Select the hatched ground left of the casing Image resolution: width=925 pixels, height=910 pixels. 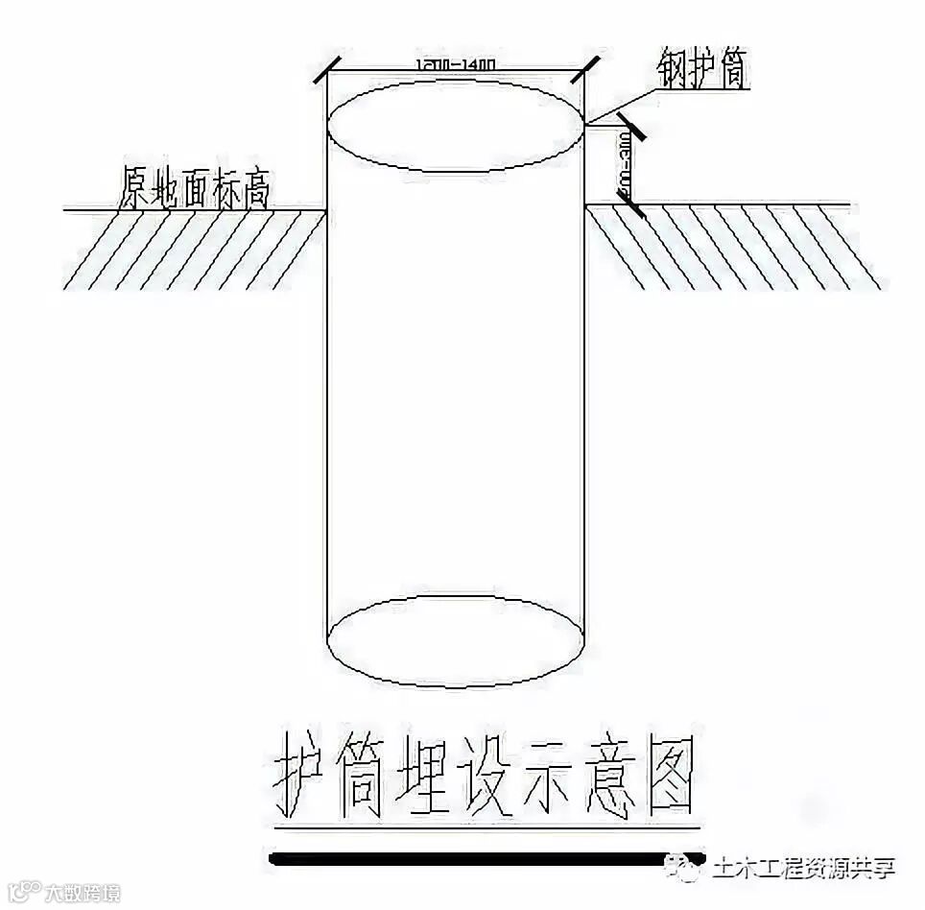point(192,249)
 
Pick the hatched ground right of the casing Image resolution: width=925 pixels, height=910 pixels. point(734,249)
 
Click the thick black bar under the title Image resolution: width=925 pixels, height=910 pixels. point(489,858)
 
